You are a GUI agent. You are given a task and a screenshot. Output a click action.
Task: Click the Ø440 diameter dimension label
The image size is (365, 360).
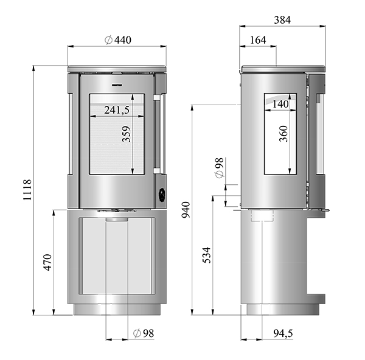pyautogui.click(x=118, y=40)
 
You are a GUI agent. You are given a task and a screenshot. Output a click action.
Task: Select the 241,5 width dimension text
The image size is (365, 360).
pyautogui.click(x=117, y=110)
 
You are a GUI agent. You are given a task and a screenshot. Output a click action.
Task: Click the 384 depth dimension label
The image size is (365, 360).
pyautogui.click(x=281, y=19)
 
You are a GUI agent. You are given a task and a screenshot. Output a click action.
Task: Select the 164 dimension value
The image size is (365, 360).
pyautogui.click(x=258, y=40)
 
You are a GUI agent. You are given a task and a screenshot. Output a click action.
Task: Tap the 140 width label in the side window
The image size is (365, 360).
pyautogui.click(x=281, y=105)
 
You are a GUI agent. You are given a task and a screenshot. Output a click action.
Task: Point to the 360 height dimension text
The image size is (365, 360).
pyautogui.click(x=283, y=134)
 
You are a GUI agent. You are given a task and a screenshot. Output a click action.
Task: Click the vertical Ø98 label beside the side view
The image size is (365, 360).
pyautogui.click(x=220, y=167)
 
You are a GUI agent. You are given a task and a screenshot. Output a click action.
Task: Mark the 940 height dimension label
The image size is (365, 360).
pyautogui.click(x=186, y=210)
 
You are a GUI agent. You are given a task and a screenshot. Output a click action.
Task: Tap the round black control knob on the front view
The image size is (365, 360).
pyautogui.click(x=162, y=195)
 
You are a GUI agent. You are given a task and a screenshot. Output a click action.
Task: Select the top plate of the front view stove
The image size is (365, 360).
pyautogui.click(x=117, y=65)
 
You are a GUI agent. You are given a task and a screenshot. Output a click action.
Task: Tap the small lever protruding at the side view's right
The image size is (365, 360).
pyautogui.click(x=326, y=212)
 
